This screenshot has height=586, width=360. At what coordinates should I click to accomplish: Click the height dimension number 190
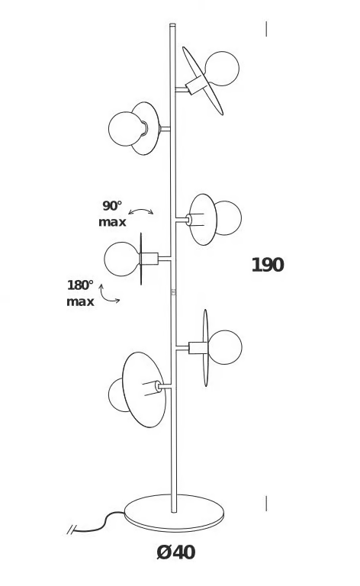coord(268,265)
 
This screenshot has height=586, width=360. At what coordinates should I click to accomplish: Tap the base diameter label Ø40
coord(176,552)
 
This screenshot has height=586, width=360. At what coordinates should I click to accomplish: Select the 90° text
coord(112,205)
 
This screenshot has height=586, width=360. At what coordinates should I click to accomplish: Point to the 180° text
coord(80,285)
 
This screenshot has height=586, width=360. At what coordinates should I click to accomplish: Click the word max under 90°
coord(112,222)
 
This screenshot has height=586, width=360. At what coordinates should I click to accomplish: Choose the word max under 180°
coord(80,302)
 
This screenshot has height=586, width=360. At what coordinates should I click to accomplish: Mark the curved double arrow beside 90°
coord(140,211)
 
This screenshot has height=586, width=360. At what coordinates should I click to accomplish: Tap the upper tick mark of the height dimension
coord(266,29)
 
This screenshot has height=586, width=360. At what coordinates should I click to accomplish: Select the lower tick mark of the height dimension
coord(266,504)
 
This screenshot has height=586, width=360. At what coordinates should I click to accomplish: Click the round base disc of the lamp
coord(174,513)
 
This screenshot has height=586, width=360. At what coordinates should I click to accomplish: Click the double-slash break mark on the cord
coord(72,530)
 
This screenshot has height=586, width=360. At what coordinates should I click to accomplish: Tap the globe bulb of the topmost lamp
coord(222,69)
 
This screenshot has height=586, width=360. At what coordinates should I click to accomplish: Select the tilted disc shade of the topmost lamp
coord(202,81)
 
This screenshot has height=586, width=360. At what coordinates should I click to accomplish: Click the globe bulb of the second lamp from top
coord(125,129)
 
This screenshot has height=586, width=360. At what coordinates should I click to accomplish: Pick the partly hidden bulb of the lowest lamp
coord(117,395)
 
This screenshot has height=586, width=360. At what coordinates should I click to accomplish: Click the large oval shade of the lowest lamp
coord(144,390)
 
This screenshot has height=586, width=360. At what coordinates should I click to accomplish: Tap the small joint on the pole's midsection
coord(173,292)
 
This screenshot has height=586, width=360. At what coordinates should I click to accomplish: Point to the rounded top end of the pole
coord(172,25)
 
